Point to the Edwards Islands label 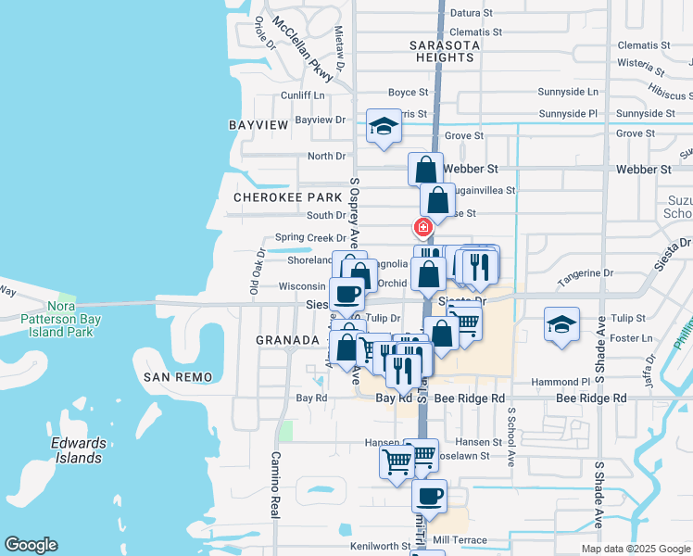click(78, 450)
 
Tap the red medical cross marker click(422, 227)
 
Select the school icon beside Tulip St click(561, 325)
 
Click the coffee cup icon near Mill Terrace click(429, 496)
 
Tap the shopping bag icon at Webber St click(425, 170)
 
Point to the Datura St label click(474, 13)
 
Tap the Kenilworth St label click(380, 547)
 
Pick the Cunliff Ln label click(304, 95)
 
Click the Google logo click(31, 545)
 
